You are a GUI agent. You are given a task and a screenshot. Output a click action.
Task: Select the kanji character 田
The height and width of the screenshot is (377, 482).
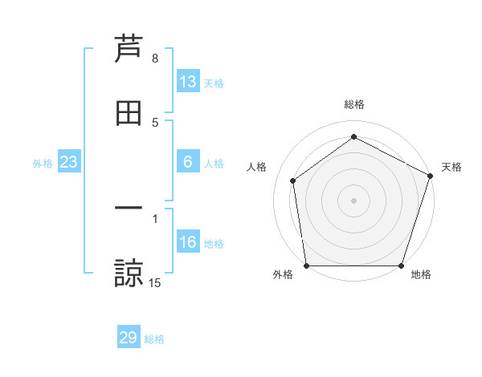coord(129,114)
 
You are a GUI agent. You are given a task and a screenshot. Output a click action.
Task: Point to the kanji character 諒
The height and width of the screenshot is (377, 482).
coord(129,273)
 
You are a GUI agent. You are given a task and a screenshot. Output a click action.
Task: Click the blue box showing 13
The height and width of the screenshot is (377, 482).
coord(188,82)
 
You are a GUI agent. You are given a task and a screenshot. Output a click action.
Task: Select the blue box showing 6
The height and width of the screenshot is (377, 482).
coord(188,162)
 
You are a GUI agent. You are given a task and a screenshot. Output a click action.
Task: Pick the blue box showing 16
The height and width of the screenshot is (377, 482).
coord(188,242)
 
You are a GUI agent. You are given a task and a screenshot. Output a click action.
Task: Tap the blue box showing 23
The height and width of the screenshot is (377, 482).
coord(69,162)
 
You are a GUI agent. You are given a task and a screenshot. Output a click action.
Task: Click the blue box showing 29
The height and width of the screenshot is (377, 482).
coord(129,338)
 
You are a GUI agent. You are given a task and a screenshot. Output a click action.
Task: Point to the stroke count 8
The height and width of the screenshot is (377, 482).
coord(155,59)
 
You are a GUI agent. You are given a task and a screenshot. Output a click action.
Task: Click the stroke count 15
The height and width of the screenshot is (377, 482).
coord(155,282)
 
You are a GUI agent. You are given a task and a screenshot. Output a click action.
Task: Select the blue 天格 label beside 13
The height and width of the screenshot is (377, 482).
coord(214,83)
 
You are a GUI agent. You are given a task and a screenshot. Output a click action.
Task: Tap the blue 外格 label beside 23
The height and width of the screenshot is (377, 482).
coord(43,164)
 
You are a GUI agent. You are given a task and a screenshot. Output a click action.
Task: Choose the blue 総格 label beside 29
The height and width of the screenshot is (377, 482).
coord(154,339)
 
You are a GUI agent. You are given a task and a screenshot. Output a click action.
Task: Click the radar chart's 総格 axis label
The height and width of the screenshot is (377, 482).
coord(354,104)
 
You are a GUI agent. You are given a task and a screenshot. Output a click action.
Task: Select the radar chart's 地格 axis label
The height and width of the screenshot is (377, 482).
coord(421,275)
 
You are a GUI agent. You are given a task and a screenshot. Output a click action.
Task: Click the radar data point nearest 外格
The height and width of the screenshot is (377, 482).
coord(306,266)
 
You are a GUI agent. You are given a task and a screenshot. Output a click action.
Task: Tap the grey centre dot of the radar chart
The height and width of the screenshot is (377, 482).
coord(353,200)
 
